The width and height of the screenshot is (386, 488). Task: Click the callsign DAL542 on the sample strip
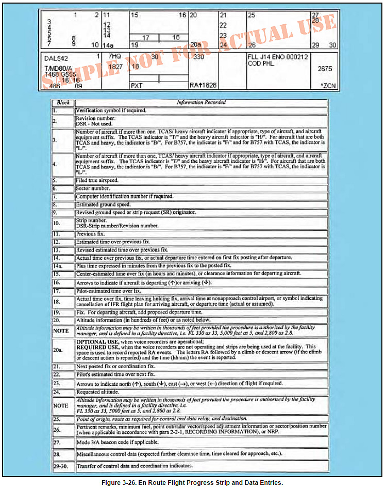coord(57,58)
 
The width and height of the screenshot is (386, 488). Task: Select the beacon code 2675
coord(325,68)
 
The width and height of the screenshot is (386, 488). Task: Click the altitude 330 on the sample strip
coord(198,57)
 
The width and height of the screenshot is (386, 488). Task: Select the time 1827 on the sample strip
coord(115,67)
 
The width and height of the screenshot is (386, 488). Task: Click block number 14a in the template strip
coord(108,45)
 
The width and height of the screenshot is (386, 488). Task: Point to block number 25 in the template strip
coord(251,15)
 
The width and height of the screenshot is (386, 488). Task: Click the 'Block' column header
coord(63,102)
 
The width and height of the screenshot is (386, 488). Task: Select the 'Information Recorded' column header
coord(201,102)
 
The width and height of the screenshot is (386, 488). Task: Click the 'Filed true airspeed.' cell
coord(98,181)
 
